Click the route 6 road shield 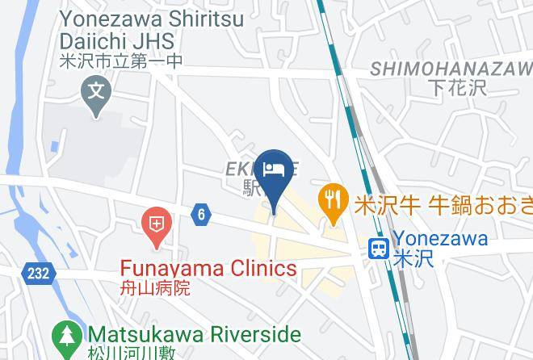(201, 214)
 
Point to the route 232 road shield (36, 274)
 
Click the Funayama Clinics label (208, 269)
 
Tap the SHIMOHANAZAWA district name (451, 69)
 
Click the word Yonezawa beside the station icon (440, 238)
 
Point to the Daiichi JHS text (127, 40)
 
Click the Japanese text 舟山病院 (155, 287)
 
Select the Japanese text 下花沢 (468, 87)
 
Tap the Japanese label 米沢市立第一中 (121, 61)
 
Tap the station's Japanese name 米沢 (413, 259)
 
